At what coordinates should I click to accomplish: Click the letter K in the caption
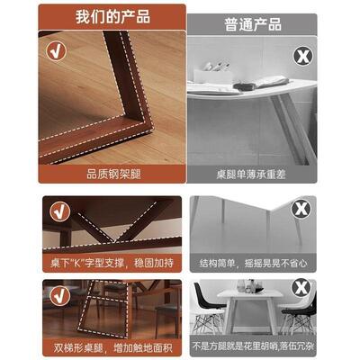pyautogui.click(x=83, y=263)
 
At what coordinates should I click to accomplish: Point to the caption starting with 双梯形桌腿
pyautogui.click(x=111, y=346)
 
